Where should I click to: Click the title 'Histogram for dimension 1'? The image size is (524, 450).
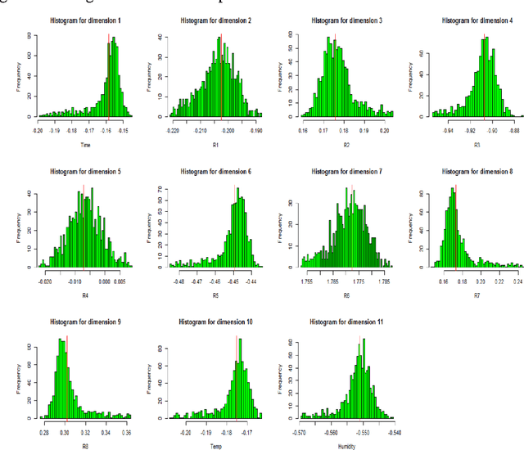pos(82,20)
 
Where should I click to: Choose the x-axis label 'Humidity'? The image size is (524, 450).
pos(345,444)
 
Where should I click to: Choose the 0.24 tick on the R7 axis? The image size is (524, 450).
pos(517,280)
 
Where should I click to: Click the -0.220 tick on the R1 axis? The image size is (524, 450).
pos(174,129)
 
